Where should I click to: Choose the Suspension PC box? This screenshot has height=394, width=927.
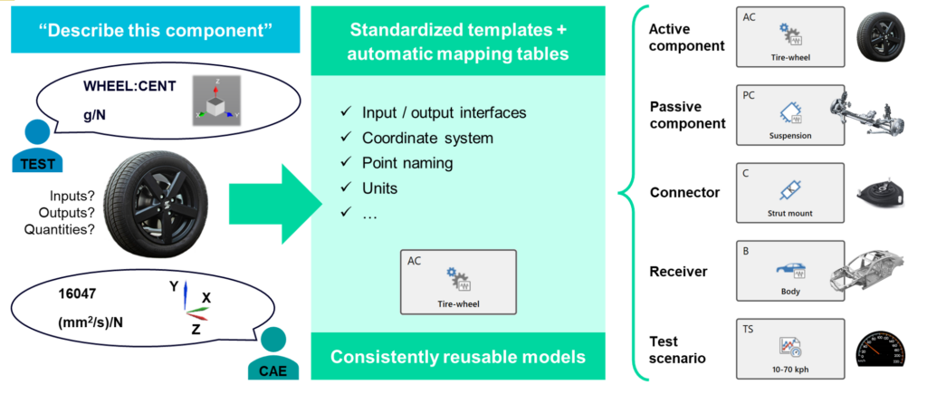791,115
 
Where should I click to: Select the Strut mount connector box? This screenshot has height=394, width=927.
791,193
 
